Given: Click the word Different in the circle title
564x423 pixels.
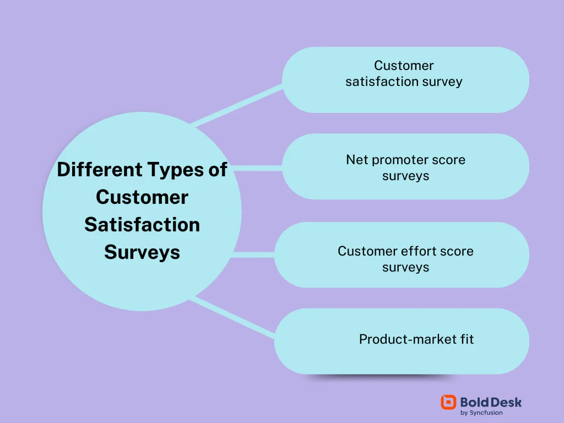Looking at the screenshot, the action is pos(99,170).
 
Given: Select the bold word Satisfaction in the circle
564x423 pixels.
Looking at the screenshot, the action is pos(142,225).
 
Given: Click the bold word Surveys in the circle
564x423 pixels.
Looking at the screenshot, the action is pos(142,252).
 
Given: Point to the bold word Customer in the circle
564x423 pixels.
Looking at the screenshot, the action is pos(142,197).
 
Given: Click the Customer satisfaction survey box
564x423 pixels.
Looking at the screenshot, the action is pos(405,80).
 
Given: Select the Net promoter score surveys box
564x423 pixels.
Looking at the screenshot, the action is pos(405,166).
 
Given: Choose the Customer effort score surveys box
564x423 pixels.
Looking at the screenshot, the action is pos(402,254).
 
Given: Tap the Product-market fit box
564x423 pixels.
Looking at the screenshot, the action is pos(402,341).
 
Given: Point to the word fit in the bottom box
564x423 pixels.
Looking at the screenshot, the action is pos(466,339).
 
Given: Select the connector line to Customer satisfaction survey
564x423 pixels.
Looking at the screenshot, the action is pos(237,105).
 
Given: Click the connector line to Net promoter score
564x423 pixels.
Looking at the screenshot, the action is pos(258,168).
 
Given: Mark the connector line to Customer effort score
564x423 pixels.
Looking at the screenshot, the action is pos(253,254).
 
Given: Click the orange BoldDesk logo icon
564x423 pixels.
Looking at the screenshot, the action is pos(448,402).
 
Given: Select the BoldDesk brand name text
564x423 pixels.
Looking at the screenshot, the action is pos(491,402).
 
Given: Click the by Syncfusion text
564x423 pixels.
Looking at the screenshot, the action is pos(481,413).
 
